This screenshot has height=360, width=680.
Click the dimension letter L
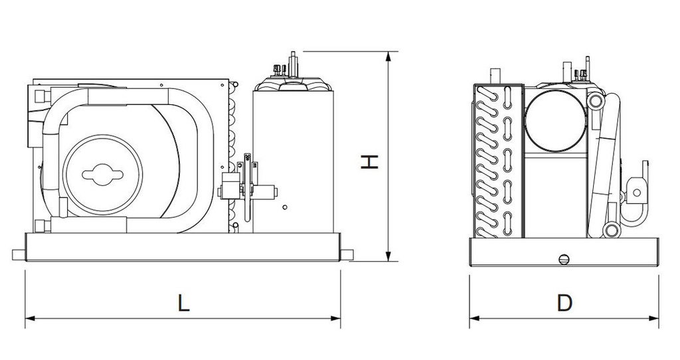[x=184, y=303]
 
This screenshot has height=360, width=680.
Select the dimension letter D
[x=564, y=303]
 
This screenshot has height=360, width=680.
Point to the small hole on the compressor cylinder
[x=284, y=208]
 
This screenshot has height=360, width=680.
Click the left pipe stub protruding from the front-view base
[x=18, y=254]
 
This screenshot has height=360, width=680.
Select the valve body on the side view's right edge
[x=636, y=191]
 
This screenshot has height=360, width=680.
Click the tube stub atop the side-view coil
[x=493, y=76]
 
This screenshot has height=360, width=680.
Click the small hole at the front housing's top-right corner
[x=222, y=85]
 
